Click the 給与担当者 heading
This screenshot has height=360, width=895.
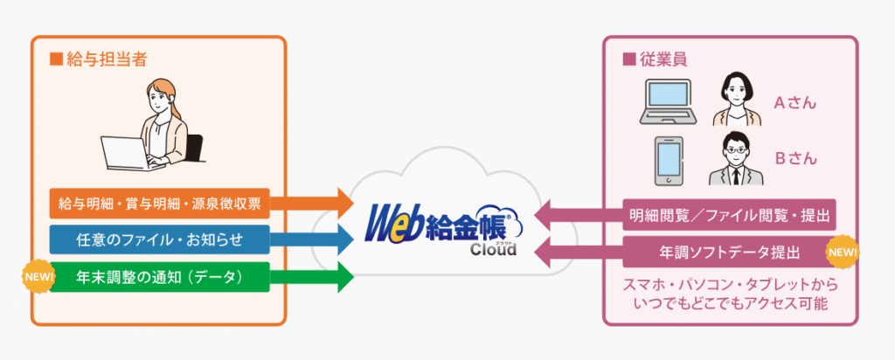(104, 60)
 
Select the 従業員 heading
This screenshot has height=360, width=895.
(647, 60)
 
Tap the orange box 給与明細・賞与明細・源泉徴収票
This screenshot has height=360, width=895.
(157, 204)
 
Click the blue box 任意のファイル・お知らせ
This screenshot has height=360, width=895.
(157, 239)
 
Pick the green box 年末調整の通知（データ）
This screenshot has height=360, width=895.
(157, 277)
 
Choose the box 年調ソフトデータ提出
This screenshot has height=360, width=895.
(727, 253)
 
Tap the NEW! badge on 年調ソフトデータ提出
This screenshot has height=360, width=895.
(842, 253)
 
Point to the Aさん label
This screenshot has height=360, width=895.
(794, 102)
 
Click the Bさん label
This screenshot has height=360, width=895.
(794, 159)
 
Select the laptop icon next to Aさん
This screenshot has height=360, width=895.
(668, 100)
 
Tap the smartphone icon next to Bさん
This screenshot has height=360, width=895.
(669, 158)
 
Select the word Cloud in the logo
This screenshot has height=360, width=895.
(493, 250)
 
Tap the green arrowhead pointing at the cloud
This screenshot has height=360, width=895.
(343, 277)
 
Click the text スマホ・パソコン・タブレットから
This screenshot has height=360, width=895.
(728, 285)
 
